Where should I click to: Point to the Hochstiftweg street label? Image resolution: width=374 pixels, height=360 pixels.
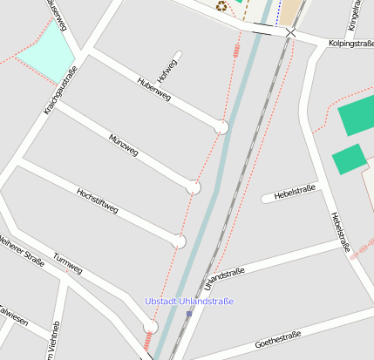[97, 201]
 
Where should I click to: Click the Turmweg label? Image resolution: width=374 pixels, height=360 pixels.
[68, 263]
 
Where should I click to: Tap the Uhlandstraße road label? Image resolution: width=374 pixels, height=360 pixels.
[223, 279]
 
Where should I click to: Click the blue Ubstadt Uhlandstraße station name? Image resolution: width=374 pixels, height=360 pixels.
[188, 301]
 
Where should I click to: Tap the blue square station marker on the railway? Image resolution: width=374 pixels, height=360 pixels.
[189, 314]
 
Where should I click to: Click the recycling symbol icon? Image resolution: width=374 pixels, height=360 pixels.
[221, 6]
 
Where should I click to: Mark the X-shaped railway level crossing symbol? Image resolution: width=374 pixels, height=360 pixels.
[290, 33]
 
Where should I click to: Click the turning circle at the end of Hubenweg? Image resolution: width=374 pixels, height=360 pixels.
[222, 127]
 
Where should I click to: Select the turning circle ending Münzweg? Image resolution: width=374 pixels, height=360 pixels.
[194, 187]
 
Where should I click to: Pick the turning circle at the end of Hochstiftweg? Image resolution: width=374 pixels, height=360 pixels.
[179, 241]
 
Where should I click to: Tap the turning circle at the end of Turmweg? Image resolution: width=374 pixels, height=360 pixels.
[150, 326]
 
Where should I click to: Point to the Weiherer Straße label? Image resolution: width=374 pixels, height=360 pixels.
[21, 250]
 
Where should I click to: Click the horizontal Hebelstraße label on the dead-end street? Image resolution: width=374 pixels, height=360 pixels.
[294, 190]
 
